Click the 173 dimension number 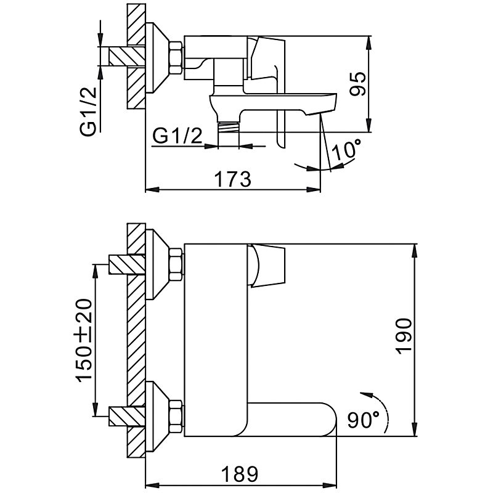point(232,179)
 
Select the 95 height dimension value point(358,84)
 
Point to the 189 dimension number point(239,474)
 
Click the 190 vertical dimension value point(404,336)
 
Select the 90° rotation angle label point(363,420)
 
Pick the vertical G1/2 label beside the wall point(88,112)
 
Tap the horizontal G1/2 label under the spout point(177,136)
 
